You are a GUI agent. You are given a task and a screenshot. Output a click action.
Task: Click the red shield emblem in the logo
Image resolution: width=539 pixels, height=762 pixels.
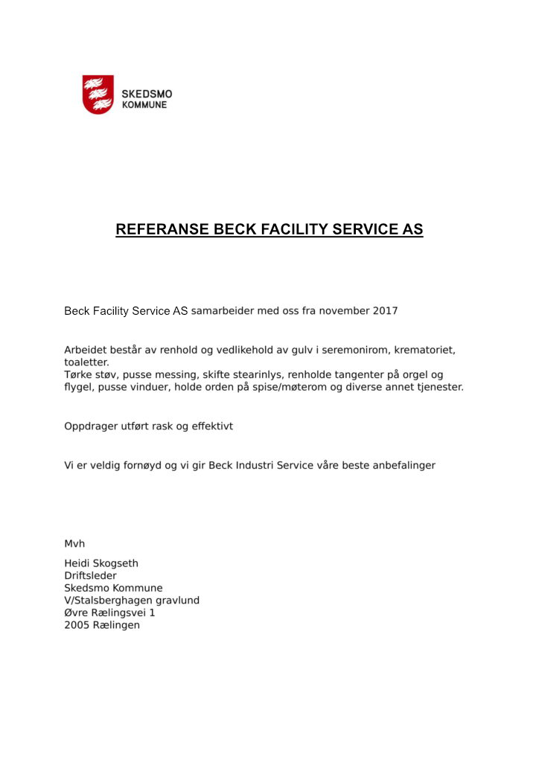pos(98,94)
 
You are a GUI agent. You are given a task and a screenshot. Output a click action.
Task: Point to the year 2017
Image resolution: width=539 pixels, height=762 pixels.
pos(385,310)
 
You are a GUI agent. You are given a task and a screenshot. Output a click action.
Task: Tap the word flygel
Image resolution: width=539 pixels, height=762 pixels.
pos(79,388)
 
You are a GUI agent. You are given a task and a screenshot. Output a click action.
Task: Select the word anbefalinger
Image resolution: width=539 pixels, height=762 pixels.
pos(401,465)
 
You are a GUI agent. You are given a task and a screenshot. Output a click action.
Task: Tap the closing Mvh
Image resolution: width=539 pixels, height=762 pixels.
pos(74,544)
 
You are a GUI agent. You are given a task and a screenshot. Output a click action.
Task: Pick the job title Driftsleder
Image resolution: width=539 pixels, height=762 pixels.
pos(90,575)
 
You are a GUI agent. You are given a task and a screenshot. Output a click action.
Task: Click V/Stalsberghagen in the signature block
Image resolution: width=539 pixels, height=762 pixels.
pos(109,600)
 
